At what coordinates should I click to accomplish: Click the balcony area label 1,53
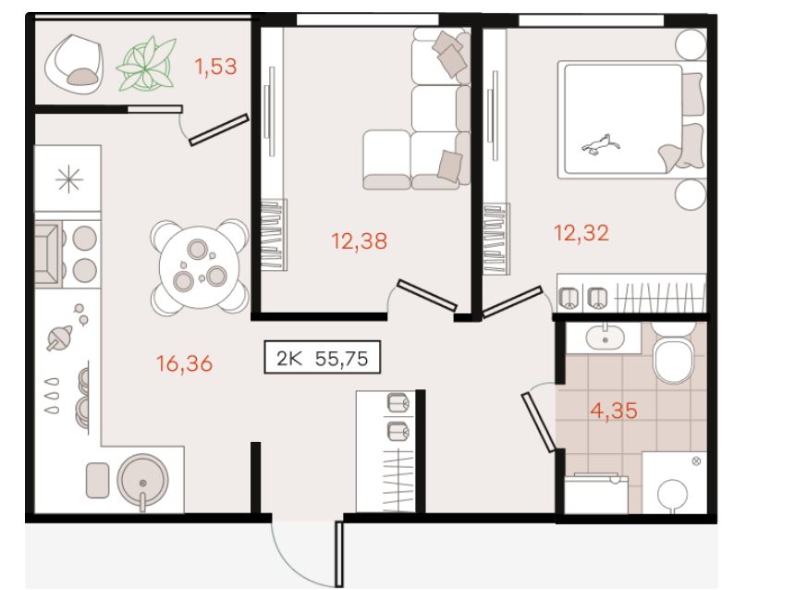click(216, 67)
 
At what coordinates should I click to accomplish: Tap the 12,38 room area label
click(359, 241)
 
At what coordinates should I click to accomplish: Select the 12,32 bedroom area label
click(581, 233)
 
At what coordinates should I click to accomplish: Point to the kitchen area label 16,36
click(184, 363)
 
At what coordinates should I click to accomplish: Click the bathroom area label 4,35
click(614, 411)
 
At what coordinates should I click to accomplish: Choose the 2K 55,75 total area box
click(322, 358)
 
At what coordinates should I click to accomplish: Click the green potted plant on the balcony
click(146, 65)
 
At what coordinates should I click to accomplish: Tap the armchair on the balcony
click(74, 64)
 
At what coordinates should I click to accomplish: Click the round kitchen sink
click(143, 480)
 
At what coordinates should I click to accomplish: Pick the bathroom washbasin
click(605, 338)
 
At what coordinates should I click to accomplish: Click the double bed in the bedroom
click(631, 119)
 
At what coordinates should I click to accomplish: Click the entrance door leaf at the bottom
click(339, 554)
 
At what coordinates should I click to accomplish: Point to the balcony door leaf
click(218, 129)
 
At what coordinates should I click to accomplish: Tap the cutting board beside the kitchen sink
click(97, 480)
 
